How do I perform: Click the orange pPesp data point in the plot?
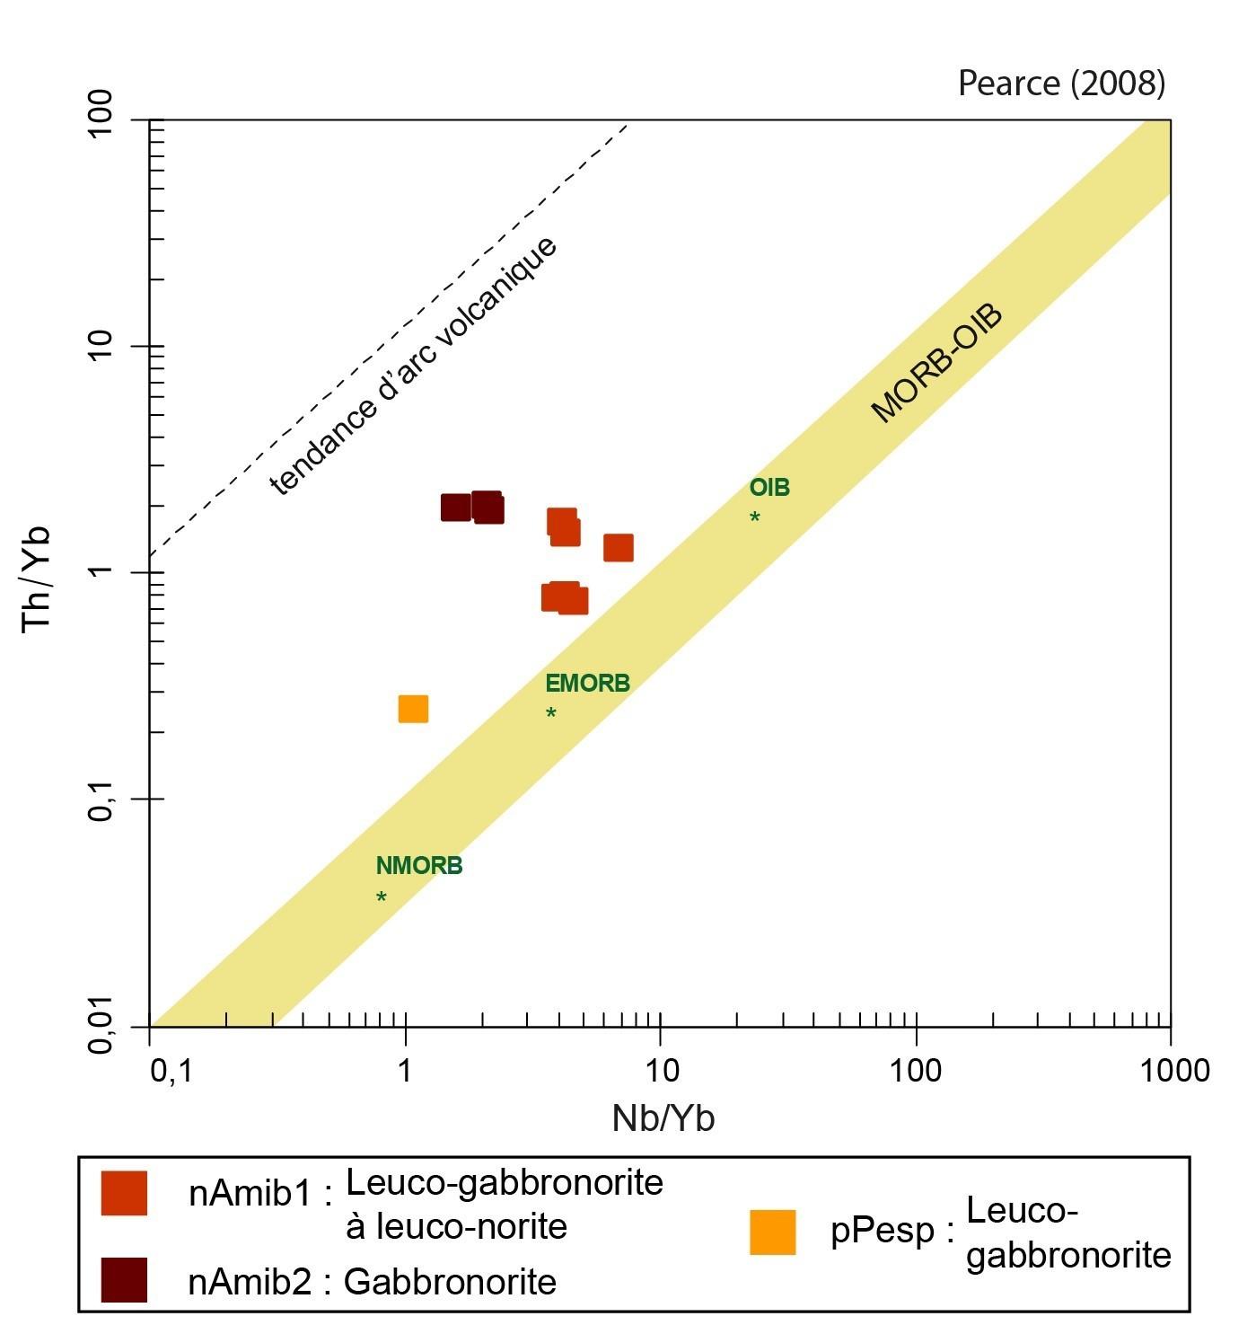(x=413, y=709)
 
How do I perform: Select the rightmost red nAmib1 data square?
(x=619, y=547)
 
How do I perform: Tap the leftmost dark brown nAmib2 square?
(x=456, y=508)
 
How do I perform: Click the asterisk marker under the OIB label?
(x=755, y=517)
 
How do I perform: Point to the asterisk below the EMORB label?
(x=551, y=713)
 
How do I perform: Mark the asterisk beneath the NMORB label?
(x=382, y=897)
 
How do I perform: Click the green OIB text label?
(x=769, y=488)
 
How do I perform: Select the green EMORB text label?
(x=587, y=684)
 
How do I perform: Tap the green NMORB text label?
(x=419, y=866)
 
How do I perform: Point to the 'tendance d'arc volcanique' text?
(x=414, y=365)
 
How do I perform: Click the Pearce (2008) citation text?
(x=1061, y=84)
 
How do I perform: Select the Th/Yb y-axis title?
(x=38, y=579)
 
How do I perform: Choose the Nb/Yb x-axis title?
(x=663, y=1118)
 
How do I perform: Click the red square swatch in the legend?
(x=124, y=1193)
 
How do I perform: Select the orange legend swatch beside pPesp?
(x=773, y=1232)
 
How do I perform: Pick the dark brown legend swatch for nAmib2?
(x=124, y=1280)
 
